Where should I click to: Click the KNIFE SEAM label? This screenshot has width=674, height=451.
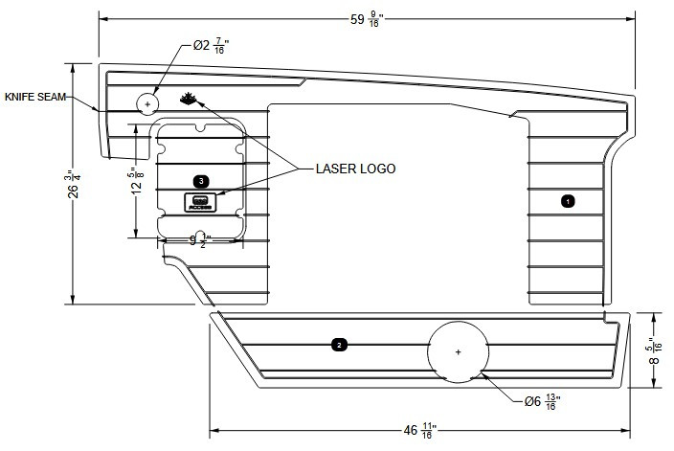(x=35, y=97)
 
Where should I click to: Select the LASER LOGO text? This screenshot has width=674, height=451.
(x=355, y=168)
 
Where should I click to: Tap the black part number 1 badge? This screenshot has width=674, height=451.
(x=567, y=202)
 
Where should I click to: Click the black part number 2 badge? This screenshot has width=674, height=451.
(x=338, y=343)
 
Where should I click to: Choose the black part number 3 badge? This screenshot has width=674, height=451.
(x=200, y=180)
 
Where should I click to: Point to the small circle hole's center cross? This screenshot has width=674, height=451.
(x=147, y=102)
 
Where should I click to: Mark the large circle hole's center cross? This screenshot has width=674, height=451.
(x=459, y=352)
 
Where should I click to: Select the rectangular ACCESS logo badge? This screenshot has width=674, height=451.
(x=199, y=202)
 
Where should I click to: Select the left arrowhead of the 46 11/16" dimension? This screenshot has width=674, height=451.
(x=213, y=430)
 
